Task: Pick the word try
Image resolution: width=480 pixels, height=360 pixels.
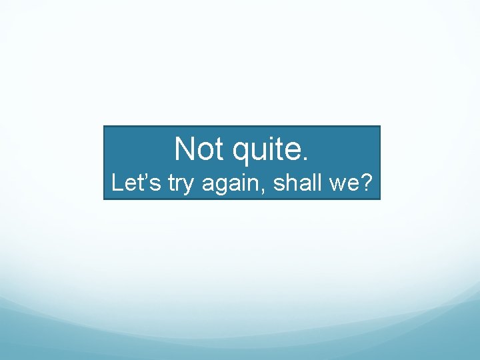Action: (180, 185)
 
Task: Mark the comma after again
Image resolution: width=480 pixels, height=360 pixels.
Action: (267, 191)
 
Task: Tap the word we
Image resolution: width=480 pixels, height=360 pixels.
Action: (341, 185)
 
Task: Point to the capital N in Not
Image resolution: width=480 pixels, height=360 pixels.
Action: (185, 149)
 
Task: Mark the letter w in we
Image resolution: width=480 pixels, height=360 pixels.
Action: (335, 185)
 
